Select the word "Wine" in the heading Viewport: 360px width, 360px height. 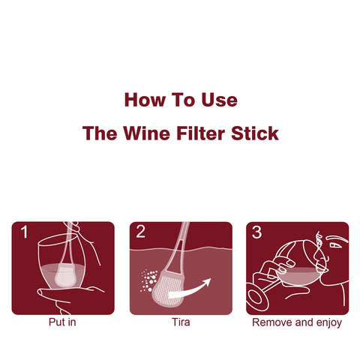(x=146, y=133)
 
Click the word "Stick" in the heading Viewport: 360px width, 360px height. (x=255, y=133)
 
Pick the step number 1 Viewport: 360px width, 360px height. (x=24, y=232)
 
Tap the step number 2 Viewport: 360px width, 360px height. (x=140, y=232)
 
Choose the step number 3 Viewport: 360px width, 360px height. (x=256, y=232)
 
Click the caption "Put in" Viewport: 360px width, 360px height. (x=62, y=322)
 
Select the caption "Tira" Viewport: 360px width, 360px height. (x=181, y=322)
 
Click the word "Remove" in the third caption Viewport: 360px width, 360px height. (x=272, y=322)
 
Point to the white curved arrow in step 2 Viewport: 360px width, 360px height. (x=190, y=290)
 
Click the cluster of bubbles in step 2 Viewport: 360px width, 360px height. (x=149, y=280)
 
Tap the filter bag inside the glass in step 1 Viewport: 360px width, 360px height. (x=65, y=275)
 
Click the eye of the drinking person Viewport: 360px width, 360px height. (x=335, y=245)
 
